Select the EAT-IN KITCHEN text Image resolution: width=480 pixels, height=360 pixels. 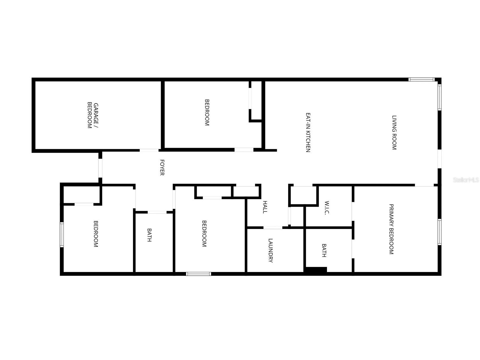coord(308,132)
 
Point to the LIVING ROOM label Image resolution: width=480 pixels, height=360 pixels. coord(394,132)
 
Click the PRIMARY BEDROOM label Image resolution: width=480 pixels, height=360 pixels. coord(391,229)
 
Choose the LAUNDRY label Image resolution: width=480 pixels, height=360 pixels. coord(270,250)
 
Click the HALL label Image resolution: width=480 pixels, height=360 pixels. coord(265,207)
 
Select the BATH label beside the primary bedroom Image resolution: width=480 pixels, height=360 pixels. coord(324,250)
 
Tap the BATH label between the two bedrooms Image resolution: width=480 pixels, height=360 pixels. coord(149,235)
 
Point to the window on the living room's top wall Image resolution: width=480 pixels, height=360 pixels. coord(421,80)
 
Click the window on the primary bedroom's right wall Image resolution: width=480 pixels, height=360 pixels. coord(440,232)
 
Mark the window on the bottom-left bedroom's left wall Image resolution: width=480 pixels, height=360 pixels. coord(62,235)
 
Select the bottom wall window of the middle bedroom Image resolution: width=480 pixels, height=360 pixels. coord(198,274)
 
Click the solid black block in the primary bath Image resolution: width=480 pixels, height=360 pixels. coord(316,270)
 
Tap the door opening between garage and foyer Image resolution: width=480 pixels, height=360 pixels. coord(149,150)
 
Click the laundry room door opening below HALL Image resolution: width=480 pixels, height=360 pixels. coord(273,228)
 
